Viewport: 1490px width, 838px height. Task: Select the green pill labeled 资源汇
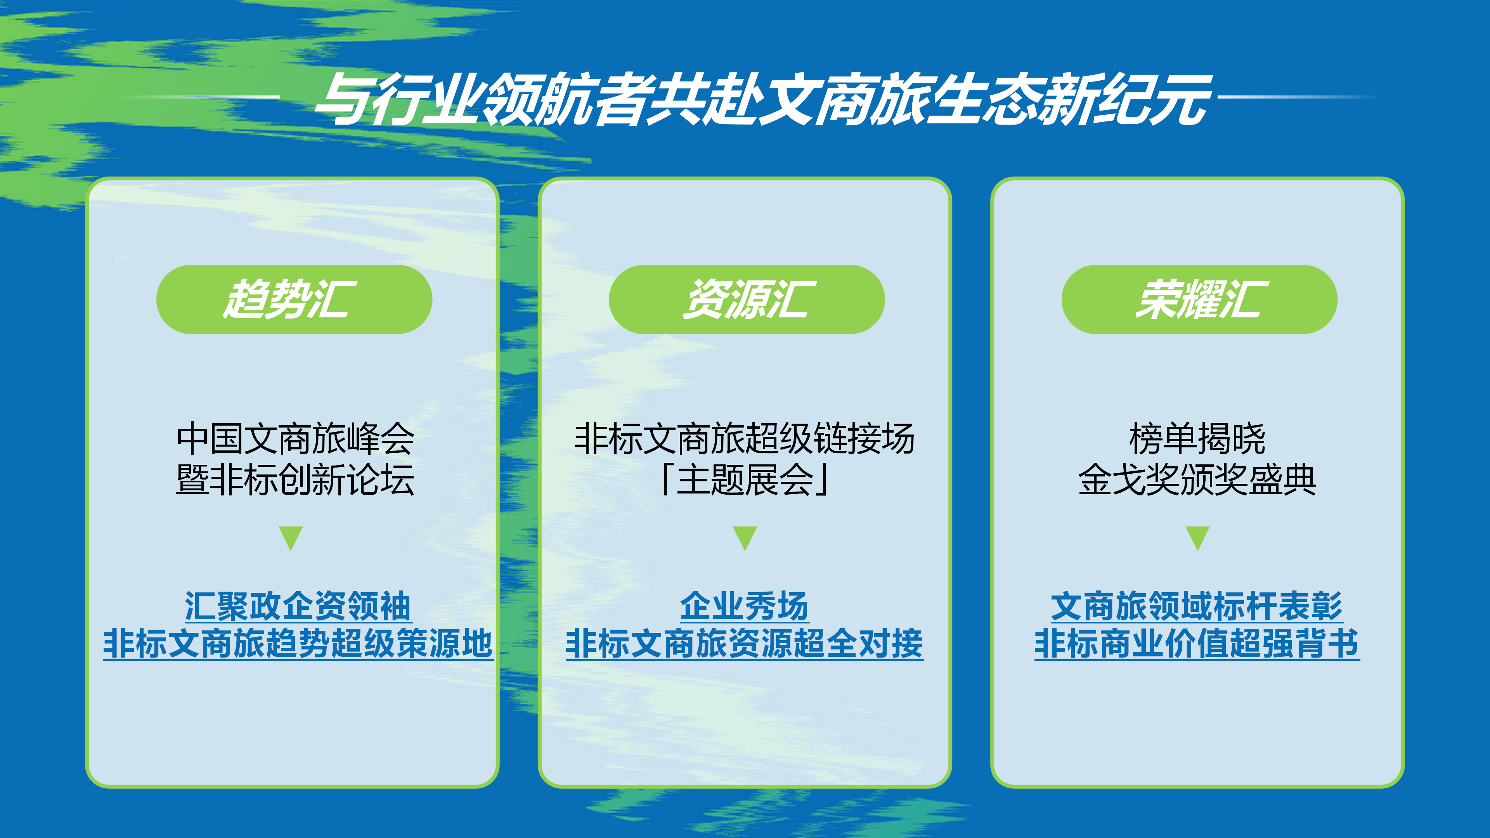pyautogui.click(x=746, y=300)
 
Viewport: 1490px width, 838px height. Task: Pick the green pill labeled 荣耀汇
pyautogui.click(x=1199, y=300)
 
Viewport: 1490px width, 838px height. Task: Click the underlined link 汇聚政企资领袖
pyautogui.click(x=298, y=606)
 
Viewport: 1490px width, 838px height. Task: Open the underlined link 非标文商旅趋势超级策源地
pyautogui.click(x=298, y=643)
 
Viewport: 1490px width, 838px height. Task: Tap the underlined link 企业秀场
pyautogui.click(x=745, y=606)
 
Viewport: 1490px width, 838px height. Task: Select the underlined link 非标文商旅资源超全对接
pyautogui.click(x=745, y=643)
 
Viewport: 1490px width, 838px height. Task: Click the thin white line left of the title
pyautogui.click(x=203, y=97)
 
